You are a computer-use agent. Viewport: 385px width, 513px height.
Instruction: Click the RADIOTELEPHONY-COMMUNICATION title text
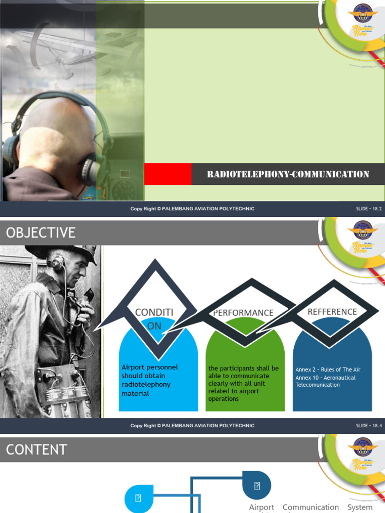click(288, 174)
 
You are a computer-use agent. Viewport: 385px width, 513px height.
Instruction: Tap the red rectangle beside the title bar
click(167, 174)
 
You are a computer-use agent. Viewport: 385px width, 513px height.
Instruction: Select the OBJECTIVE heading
click(41, 232)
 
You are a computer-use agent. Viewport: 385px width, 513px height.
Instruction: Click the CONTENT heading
click(37, 449)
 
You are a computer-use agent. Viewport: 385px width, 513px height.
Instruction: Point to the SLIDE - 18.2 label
click(369, 209)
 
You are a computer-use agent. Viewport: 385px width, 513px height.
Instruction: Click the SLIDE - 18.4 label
click(369, 426)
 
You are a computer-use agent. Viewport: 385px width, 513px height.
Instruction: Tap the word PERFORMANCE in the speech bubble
click(243, 313)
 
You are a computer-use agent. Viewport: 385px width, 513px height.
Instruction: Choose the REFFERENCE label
click(332, 312)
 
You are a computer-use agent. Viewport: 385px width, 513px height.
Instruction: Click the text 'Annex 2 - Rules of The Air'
click(328, 370)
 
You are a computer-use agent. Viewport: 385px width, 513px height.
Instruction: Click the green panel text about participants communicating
click(243, 383)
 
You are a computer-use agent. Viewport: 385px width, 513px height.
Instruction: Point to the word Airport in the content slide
click(262, 507)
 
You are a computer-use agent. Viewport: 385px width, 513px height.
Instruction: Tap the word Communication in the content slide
click(311, 507)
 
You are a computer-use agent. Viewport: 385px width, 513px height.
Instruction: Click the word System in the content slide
click(360, 507)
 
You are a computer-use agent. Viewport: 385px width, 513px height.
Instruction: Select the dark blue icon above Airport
click(257, 485)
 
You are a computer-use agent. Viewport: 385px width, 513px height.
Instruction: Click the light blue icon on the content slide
click(138, 498)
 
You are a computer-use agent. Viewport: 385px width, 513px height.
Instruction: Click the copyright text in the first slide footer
click(192, 209)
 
